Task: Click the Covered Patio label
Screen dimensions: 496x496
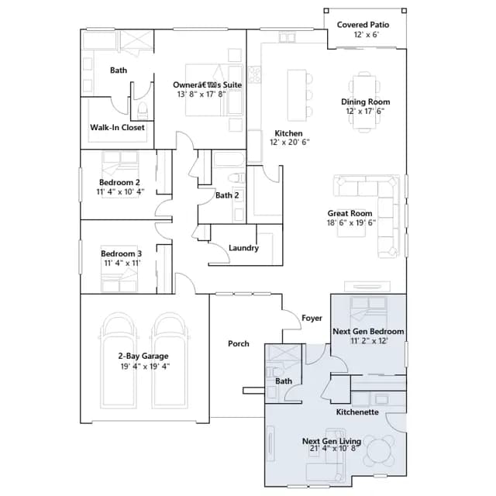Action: (363, 25)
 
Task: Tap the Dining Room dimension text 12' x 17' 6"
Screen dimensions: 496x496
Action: (365, 111)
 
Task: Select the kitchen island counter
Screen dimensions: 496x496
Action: (297, 95)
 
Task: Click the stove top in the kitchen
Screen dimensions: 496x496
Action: (254, 74)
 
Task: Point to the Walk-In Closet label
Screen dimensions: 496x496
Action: (117, 127)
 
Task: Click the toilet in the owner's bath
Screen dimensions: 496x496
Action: (143, 110)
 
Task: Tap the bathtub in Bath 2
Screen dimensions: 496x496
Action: (229, 160)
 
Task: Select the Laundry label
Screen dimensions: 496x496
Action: (243, 248)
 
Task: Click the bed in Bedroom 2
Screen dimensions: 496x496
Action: (120, 174)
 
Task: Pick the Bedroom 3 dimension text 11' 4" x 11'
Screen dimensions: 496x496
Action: (122, 263)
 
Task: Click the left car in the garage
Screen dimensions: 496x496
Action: (119, 360)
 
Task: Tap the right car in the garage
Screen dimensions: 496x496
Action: (169, 360)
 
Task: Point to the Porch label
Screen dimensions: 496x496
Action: (239, 344)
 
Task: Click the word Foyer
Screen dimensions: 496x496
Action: (312, 318)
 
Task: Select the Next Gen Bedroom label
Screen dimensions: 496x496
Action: (369, 332)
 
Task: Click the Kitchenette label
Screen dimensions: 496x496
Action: (357, 412)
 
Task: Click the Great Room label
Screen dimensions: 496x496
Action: (350, 213)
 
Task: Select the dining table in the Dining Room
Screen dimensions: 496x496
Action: (364, 102)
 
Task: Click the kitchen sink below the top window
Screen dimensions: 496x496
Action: (288, 38)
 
